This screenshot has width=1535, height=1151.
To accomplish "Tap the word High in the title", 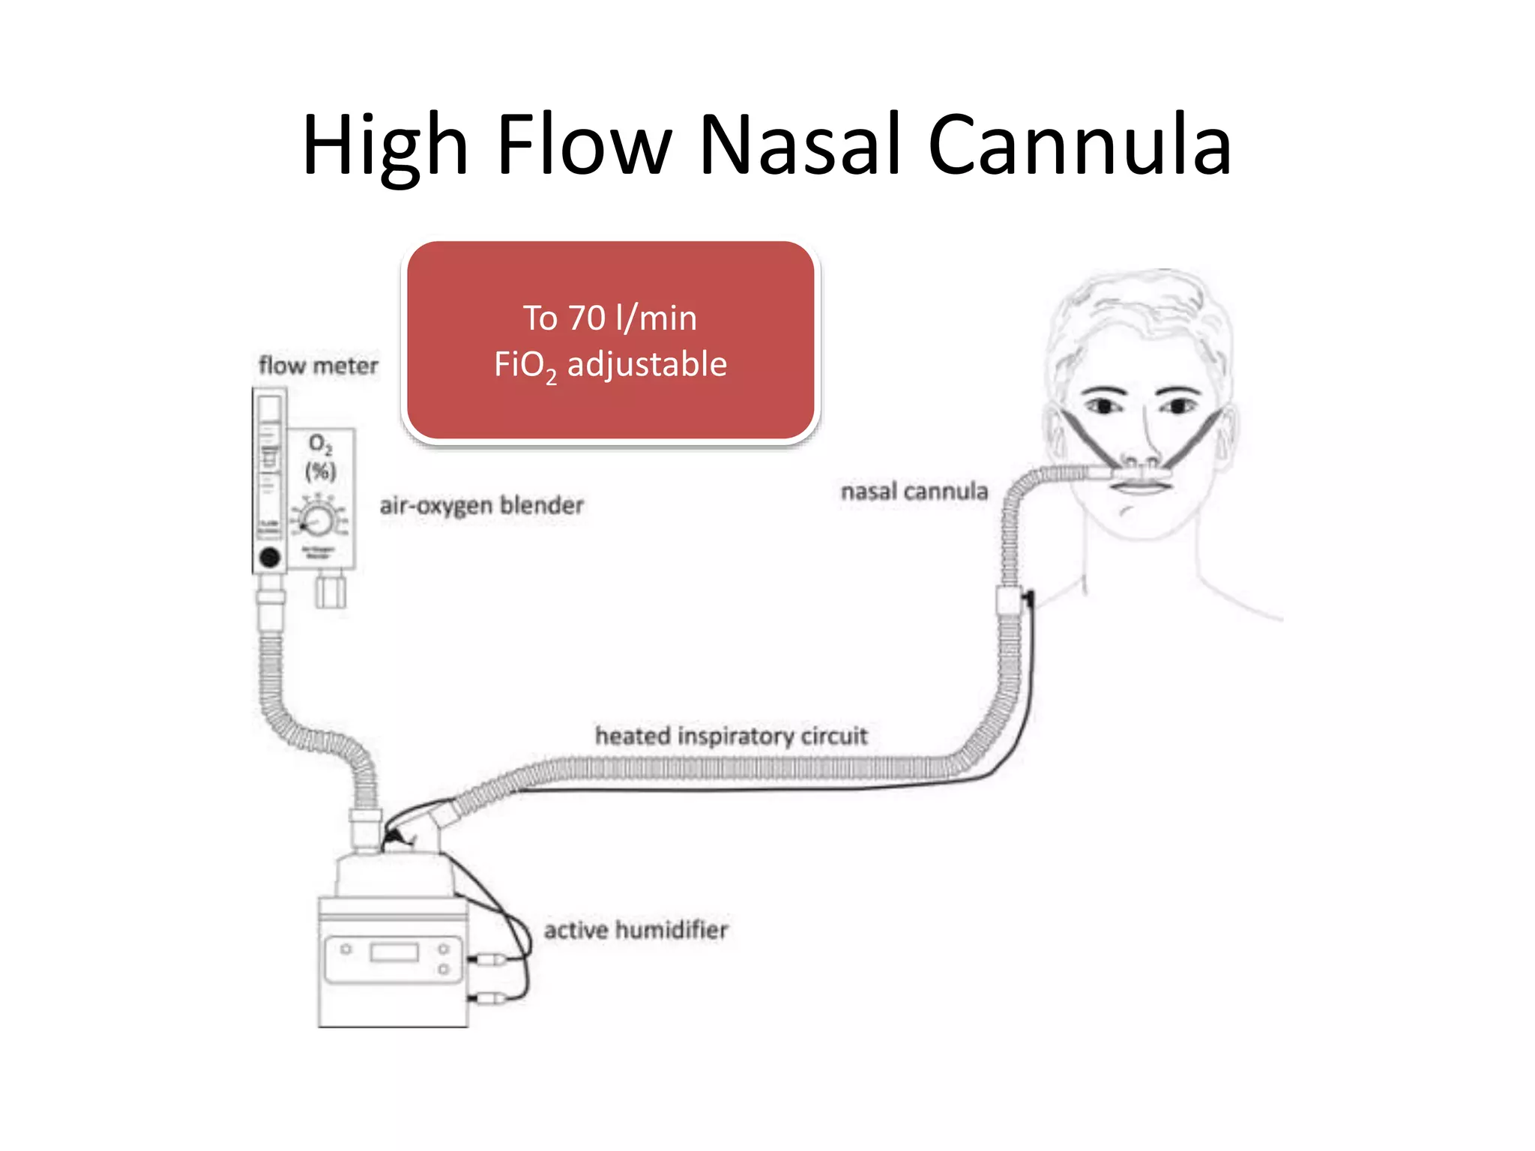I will pos(384,146).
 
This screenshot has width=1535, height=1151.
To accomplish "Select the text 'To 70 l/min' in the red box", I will pos(610,318).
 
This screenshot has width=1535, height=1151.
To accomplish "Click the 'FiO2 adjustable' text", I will pos(610,365).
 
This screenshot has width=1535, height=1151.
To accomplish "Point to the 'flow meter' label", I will pos(319,366).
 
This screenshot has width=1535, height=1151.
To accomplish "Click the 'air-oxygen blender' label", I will pos(481,505).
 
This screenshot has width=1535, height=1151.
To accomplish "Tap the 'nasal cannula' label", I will pos(914,492).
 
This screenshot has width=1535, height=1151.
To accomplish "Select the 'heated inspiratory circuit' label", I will pos(731,736).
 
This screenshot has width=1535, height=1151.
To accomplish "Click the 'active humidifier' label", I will pos(636,930).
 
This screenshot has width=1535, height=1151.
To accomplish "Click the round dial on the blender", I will pos(319,519).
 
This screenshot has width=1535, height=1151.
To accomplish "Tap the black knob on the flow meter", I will pos(270,557).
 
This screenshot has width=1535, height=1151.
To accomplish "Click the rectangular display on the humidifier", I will pos(394,952).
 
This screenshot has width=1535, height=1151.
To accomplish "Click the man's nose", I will pos(1142,450).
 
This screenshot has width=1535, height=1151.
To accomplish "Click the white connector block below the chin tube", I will pos(1009,602).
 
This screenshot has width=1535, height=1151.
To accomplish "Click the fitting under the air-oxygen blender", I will pos(331,590).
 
